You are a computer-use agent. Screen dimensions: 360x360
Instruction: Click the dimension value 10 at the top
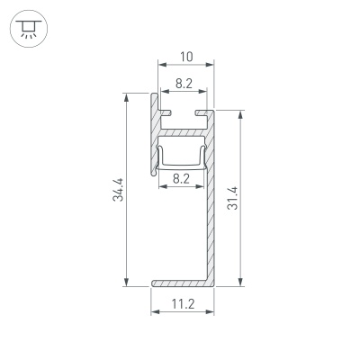pos(186,57)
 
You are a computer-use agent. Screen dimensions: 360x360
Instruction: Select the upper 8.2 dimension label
pos(183,83)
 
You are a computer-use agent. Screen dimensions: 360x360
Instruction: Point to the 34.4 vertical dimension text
pos(119,189)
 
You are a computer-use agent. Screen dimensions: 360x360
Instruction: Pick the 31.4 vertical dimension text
pos(233,198)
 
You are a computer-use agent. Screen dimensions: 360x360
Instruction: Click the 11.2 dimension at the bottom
pos(183,305)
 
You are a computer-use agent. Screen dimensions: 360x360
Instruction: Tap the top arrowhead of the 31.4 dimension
pos(241,114)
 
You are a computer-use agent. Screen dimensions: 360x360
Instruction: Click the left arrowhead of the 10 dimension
pos(162,66)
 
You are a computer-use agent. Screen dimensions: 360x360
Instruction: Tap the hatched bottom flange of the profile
pos(180,283)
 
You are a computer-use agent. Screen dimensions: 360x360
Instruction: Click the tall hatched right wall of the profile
pos(212,216)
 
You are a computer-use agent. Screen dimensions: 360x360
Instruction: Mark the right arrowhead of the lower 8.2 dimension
pos(204,187)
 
